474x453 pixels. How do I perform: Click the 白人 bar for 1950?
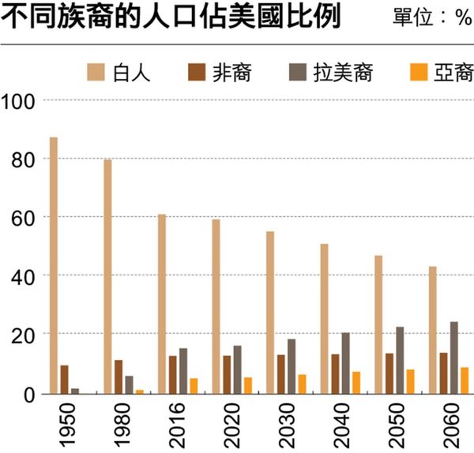tap(54, 265)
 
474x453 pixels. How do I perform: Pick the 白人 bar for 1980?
tap(107, 276)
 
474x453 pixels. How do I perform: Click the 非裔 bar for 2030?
tap(280, 373)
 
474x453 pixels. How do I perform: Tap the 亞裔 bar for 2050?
tap(410, 380)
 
